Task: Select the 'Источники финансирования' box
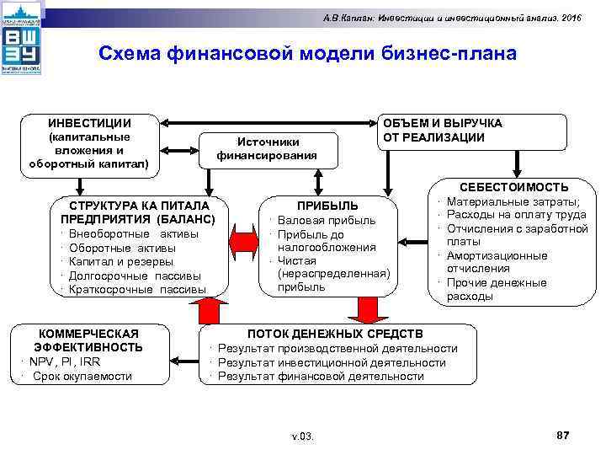[x=267, y=148]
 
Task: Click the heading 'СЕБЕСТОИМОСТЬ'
[x=513, y=187]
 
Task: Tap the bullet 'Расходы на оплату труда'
[x=516, y=215]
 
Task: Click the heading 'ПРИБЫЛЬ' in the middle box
[x=328, y=206]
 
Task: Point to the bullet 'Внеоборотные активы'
[x=134, y=233]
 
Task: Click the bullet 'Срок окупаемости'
[x=82, y=376]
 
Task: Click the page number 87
[x=563, y=433]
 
